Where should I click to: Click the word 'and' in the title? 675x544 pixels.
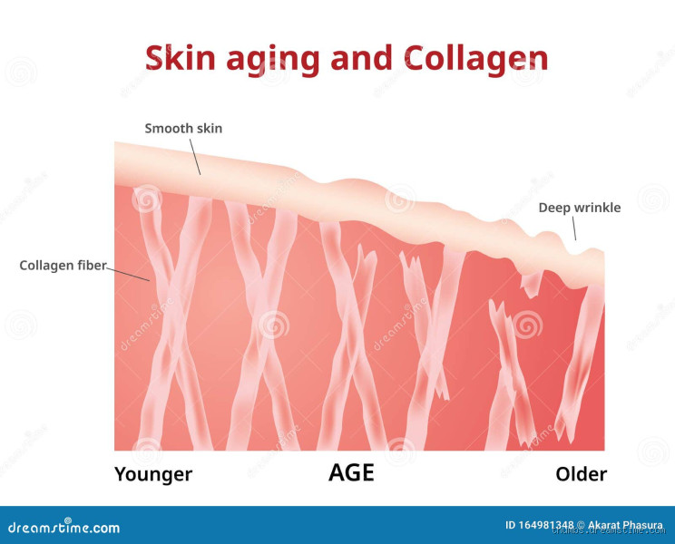tap(367, 58)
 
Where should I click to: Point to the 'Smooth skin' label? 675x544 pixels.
tap(183, 129)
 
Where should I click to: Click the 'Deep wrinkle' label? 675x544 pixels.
tap(580, 208)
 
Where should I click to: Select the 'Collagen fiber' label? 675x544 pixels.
tap(63, 266)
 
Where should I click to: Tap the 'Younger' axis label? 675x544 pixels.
tap(153, 474)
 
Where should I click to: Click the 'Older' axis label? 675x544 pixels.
tap(581, 474)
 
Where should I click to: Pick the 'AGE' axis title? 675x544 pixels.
tap(351, 473)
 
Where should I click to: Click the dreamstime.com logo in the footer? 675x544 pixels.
tap(64, 527)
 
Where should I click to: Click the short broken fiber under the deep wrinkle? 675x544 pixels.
tap(530, 283)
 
